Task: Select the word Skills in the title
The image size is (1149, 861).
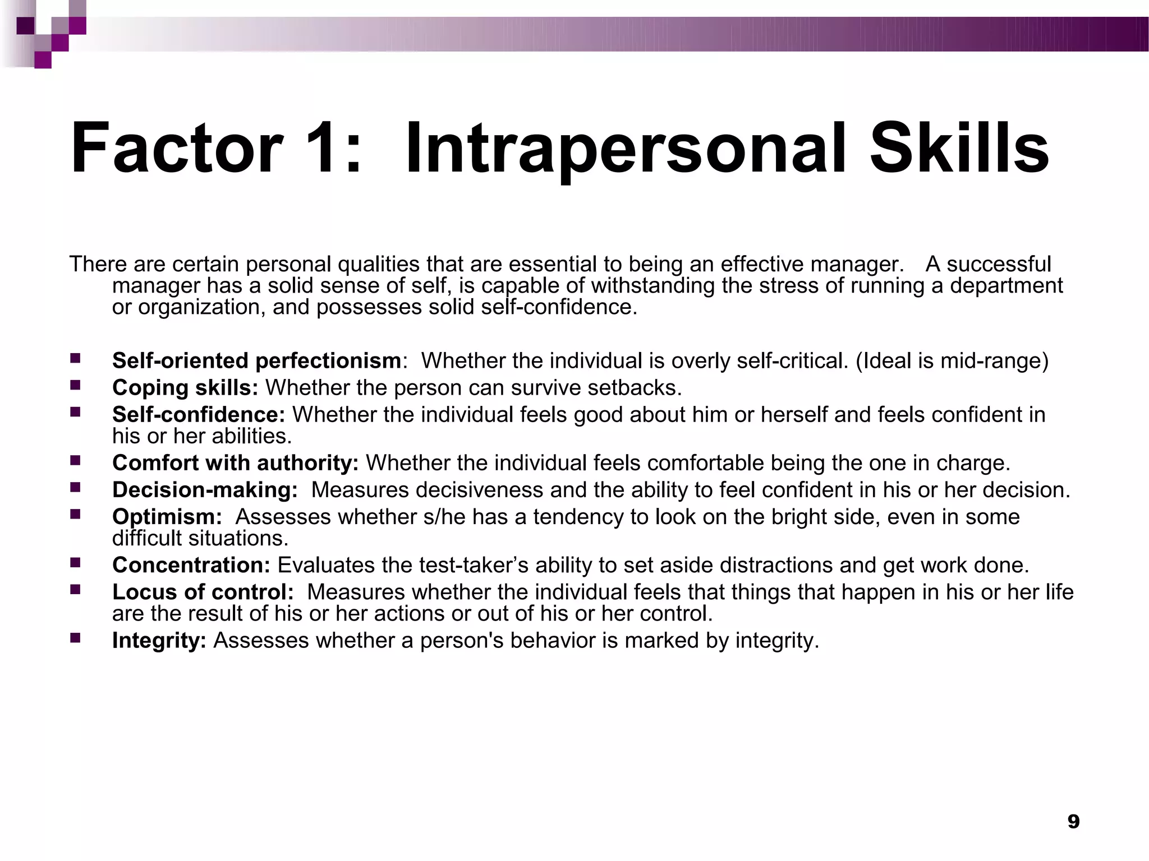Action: pyautogui.click(x=959, y=150)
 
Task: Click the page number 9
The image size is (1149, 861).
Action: pyautogui.click(x=1073, y=822)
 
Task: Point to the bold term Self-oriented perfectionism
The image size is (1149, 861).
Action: pyautogui.click(x=256, y=361)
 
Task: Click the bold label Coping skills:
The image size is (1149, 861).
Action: pyautogui.click(x=185, y=388)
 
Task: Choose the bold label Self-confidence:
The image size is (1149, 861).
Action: pyautogui.click(x=199, y=415)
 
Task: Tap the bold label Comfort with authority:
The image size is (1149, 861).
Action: pyautogui.click(x=235, y=463)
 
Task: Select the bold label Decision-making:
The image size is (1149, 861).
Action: pyautogui.click(x=205, y=490)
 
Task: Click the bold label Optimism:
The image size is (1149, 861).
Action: pyautogui.click(x=167, y=517)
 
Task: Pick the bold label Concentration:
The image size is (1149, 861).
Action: pyautogui.click(x=191, y=565)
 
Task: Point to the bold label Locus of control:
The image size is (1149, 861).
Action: pyautogui.click(x=203, y=592)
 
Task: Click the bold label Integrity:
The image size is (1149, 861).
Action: pyautogui.click(x=159, y=641)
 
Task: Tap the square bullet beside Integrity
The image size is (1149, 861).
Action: pyautogui.click(x=75, y=637)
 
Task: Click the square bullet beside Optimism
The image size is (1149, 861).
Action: pyautogui.click(x=75, y=513)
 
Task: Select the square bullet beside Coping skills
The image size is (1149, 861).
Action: pyautogui.click(x=75, y=385)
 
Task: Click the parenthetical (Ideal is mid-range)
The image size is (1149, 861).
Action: pyautogui.click(x=952, y=361)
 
